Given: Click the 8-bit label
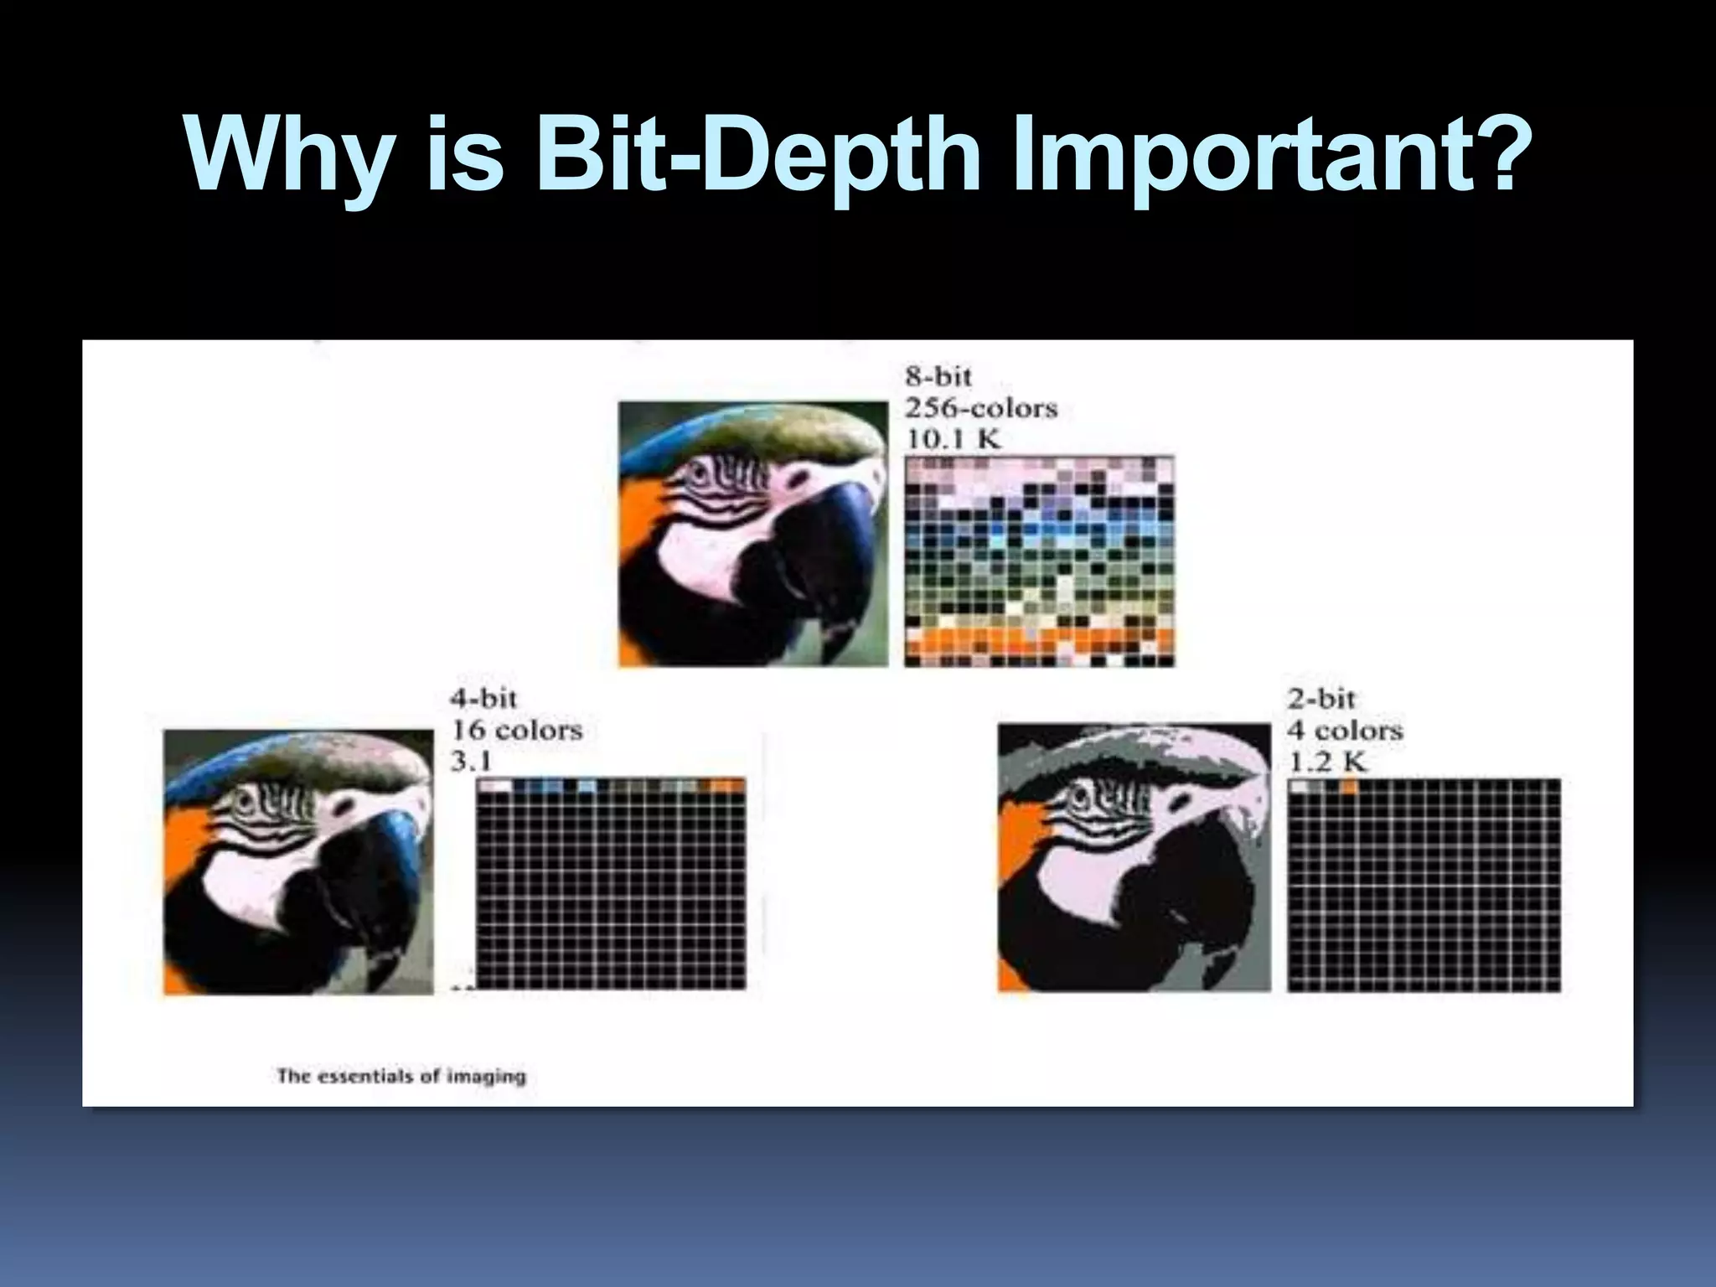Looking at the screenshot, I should [938, 376].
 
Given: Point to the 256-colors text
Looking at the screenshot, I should [980, 408].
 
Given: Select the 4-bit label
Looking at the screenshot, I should [483, 698].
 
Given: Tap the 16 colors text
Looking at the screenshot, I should [516, 730].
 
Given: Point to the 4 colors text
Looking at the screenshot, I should [1345, 730].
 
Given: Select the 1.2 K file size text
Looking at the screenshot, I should [1327, 762].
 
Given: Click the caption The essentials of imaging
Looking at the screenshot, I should [401, 1076].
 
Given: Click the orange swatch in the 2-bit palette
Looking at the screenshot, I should [1349, 787].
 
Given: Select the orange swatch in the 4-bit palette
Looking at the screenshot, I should [726, 786].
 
